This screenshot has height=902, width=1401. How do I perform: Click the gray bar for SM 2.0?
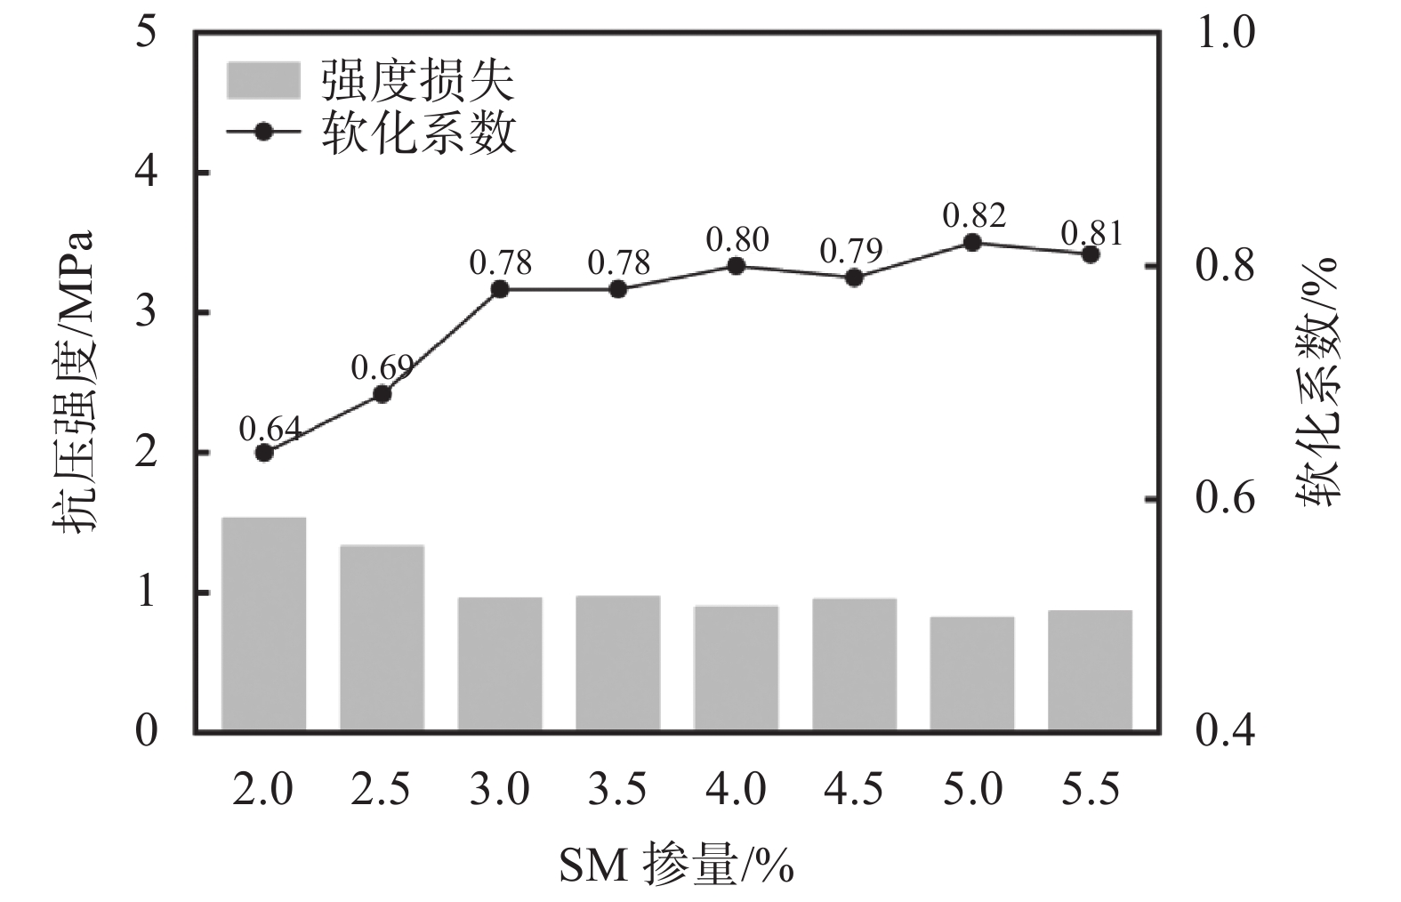click(x=263, y=624)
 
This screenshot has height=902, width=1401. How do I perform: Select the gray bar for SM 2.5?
click(x=382, y=638)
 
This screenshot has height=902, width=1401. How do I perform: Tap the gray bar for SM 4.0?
click(x=736, y=669)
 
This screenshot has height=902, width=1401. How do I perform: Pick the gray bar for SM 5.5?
click(x=1090, y=671)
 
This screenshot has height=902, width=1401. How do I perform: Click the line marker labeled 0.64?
click(x=263, y=453)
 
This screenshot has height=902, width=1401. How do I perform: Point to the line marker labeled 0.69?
click(x=382, y=394)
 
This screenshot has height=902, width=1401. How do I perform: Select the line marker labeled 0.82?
click(x=972, y=243)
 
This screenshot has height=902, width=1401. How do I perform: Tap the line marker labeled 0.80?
click(x=736, y=266)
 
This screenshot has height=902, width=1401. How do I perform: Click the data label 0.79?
click(x=851, y=252)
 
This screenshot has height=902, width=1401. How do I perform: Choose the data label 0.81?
click(x=1091, y=234)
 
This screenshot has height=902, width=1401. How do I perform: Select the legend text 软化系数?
click(x=418, y=133)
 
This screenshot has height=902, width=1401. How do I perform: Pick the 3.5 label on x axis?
click(x=618, y=789)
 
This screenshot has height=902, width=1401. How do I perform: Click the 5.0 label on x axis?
click(x=972, y=789)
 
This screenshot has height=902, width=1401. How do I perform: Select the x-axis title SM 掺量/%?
click(x=676, y=864)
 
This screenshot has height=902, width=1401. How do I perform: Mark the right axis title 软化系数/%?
click(x=1321, y=383)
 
